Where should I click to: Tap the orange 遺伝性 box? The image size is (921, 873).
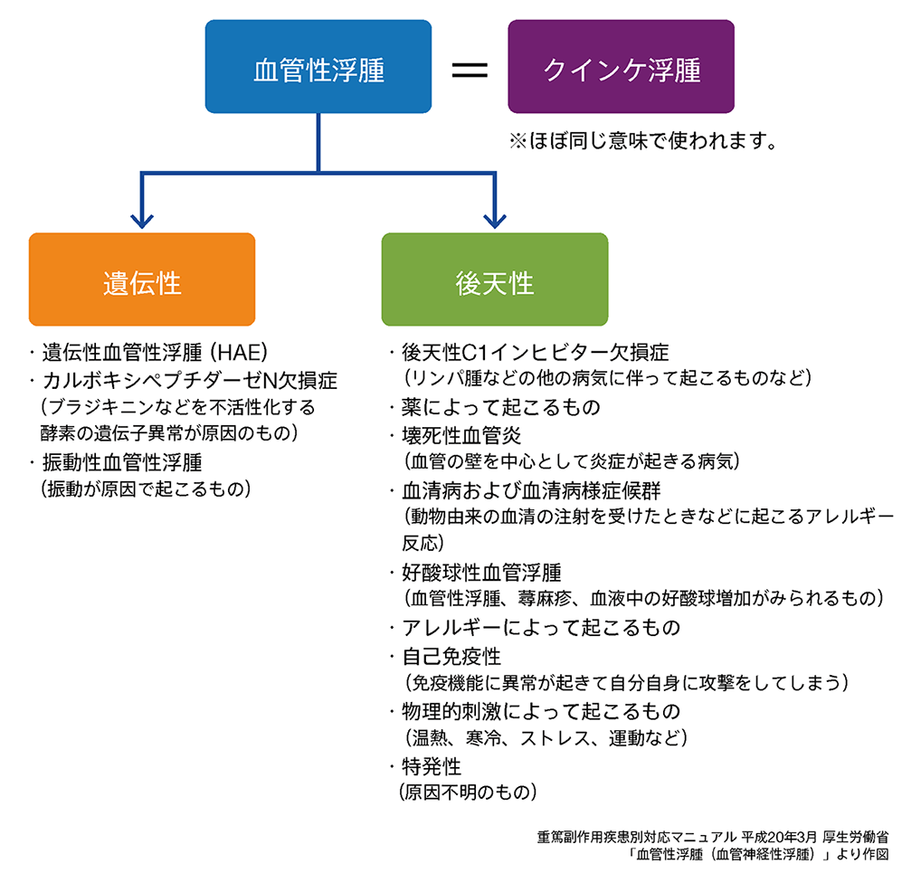click(x=142, y=283)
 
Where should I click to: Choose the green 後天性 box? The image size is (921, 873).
click(x=494, y=283)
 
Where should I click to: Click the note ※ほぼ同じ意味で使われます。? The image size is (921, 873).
click(x=644, y=142)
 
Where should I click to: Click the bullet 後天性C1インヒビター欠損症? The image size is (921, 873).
click(x=535, y=352)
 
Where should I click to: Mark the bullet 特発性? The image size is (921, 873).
click(x=432, y=766)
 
